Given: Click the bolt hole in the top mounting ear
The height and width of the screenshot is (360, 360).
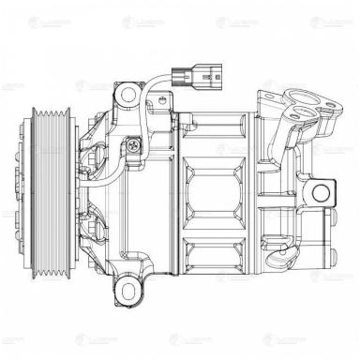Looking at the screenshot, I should [127, 93].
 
